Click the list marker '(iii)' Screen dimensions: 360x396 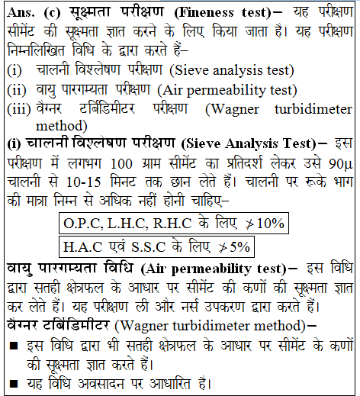18,106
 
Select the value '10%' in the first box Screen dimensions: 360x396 269,224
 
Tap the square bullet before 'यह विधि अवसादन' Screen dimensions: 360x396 13,382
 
